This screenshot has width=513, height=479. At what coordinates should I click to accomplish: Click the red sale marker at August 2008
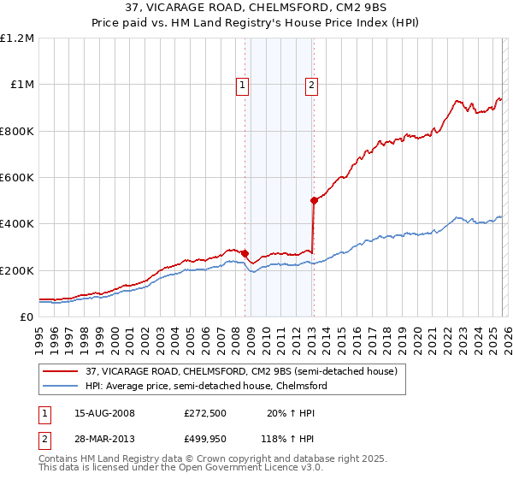point(245,253)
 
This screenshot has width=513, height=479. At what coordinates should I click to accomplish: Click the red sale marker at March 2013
point(314,200)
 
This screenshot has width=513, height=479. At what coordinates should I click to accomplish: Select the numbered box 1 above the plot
point(243,85)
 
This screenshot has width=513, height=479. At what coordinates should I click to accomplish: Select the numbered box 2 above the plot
point(312,85)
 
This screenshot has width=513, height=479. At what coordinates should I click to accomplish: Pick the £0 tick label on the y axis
point(27,317)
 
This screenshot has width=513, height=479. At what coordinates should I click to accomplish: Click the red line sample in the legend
point(61,372)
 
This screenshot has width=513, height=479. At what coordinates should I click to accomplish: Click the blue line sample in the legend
point(61,387)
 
